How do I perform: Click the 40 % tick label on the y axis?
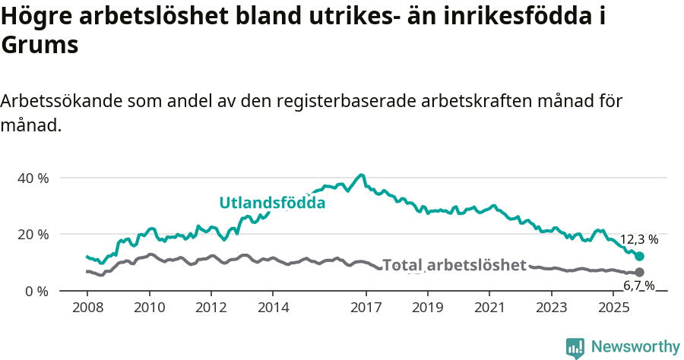point(33,178)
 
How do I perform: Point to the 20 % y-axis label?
point(33,234)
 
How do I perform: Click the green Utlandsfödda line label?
point(272,203)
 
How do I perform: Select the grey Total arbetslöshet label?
point(454,265)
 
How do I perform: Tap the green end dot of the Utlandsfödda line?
point(639,257)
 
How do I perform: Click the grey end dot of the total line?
point(639,272)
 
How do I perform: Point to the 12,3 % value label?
point(639,239)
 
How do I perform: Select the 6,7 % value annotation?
point(639,286)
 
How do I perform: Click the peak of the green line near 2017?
point(362,175)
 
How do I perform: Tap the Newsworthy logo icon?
point(575,348)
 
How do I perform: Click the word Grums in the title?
point(40,45)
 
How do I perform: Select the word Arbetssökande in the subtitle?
point(62,101)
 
